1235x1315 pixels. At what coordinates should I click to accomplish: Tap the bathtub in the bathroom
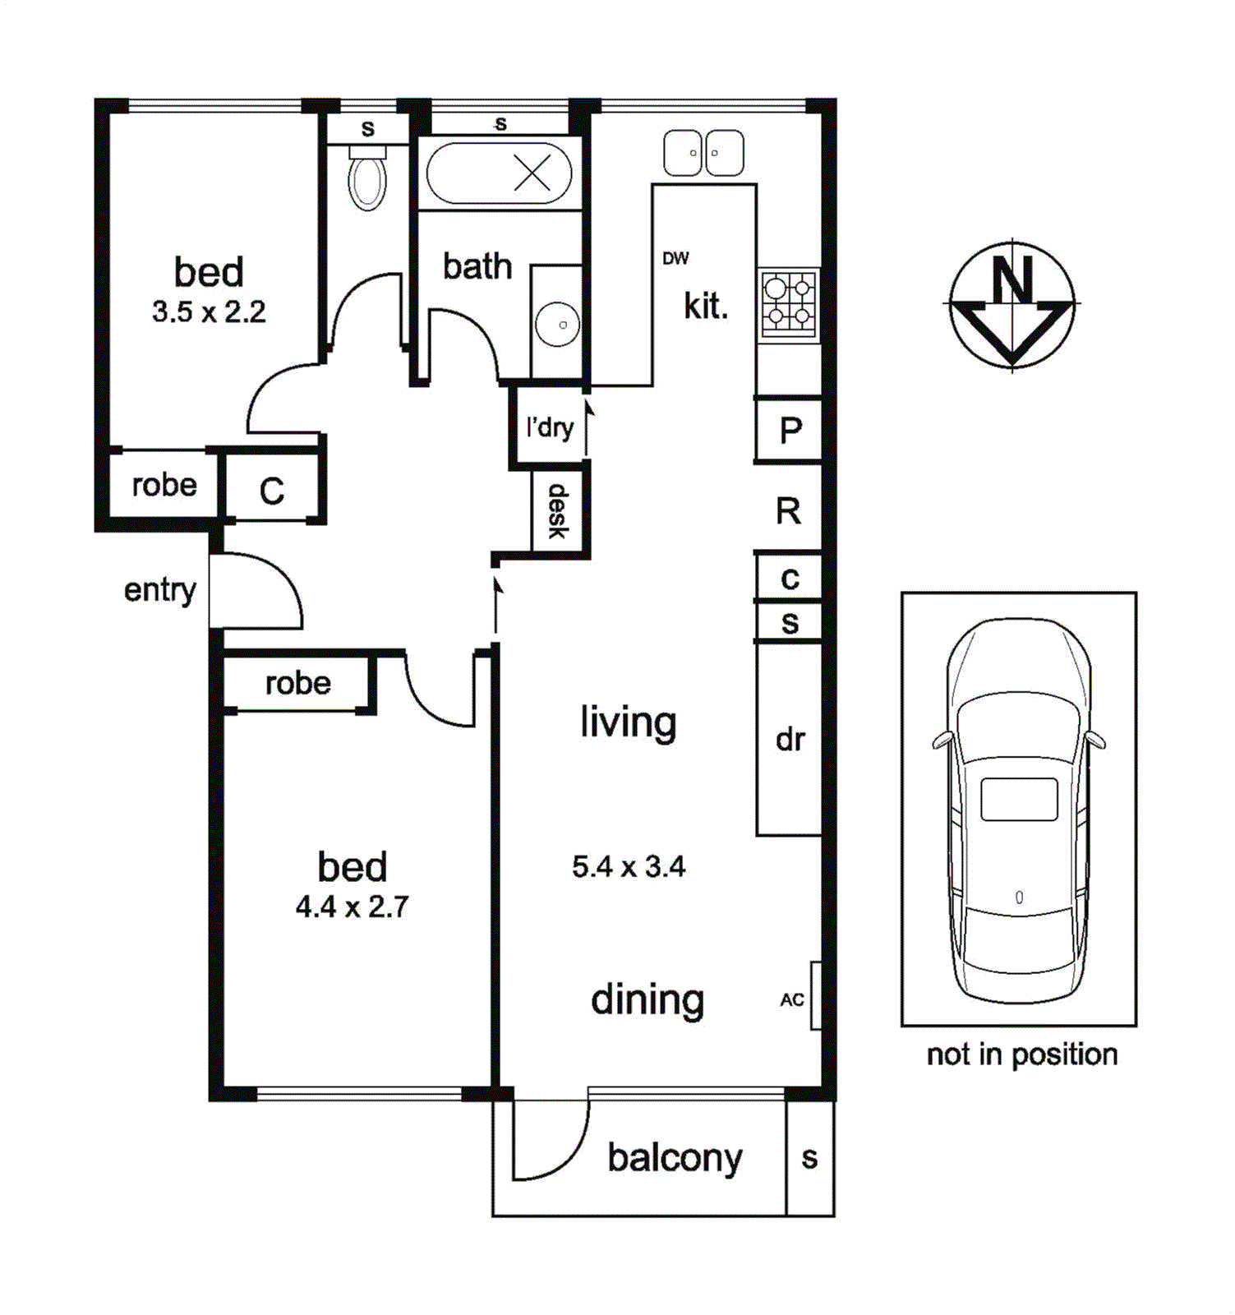click(x=499, y=173)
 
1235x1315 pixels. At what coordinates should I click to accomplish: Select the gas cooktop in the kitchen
click(x=788, y=302)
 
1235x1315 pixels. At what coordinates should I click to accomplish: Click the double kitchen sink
click(x=703, y=153)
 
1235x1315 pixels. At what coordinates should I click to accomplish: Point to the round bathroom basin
click(x=557, y=324)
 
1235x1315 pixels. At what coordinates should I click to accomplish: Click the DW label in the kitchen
click(x=675, y=258)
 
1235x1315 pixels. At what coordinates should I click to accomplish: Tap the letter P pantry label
click(x=790, y=430)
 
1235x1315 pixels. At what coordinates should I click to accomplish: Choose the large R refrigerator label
click(x=788, y=511)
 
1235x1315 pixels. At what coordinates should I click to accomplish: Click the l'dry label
click(x=550, y=427)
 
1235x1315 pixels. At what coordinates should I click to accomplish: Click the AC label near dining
click(x=792, y=999)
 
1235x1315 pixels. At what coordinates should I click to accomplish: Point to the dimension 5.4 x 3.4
click(x=629, y=866)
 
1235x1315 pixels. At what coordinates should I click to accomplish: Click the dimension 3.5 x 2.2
click(x=209, y=311)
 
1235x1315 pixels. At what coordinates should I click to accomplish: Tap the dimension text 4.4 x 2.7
click(x=352, y=907)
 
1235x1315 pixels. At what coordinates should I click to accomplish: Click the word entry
click(x=160, y=590)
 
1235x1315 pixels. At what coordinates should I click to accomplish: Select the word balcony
click(x=675, y=1159)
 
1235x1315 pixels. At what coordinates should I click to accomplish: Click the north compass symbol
click(x=1012, y=304)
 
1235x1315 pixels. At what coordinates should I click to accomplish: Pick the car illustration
click(x=1019, y=810)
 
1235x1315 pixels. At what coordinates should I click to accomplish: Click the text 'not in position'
click(x=1021, y=1054)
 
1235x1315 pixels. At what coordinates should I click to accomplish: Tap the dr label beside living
click(x=790, y=740)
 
